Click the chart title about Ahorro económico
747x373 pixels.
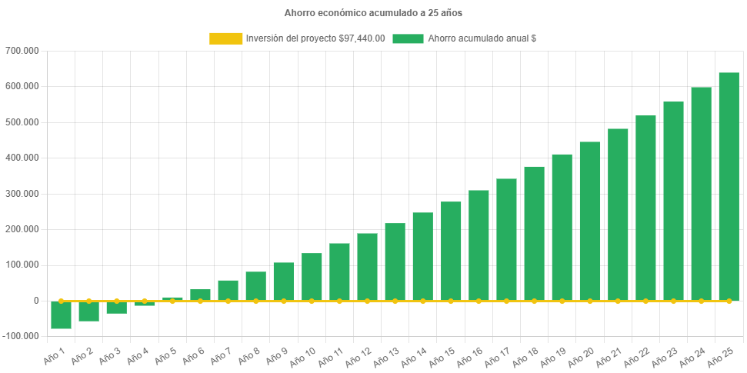373,13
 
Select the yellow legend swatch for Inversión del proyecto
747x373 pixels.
225,38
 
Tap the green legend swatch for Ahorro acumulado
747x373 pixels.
408,38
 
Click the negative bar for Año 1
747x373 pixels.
62,315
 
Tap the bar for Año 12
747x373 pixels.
367,266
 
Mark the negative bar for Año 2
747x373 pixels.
89,311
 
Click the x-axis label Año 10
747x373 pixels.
302,355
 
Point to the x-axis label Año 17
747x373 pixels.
497,355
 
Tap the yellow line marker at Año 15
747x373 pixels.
451,301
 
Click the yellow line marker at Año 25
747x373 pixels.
729,301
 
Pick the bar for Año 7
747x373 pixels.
228,290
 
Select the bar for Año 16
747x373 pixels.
479,245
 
